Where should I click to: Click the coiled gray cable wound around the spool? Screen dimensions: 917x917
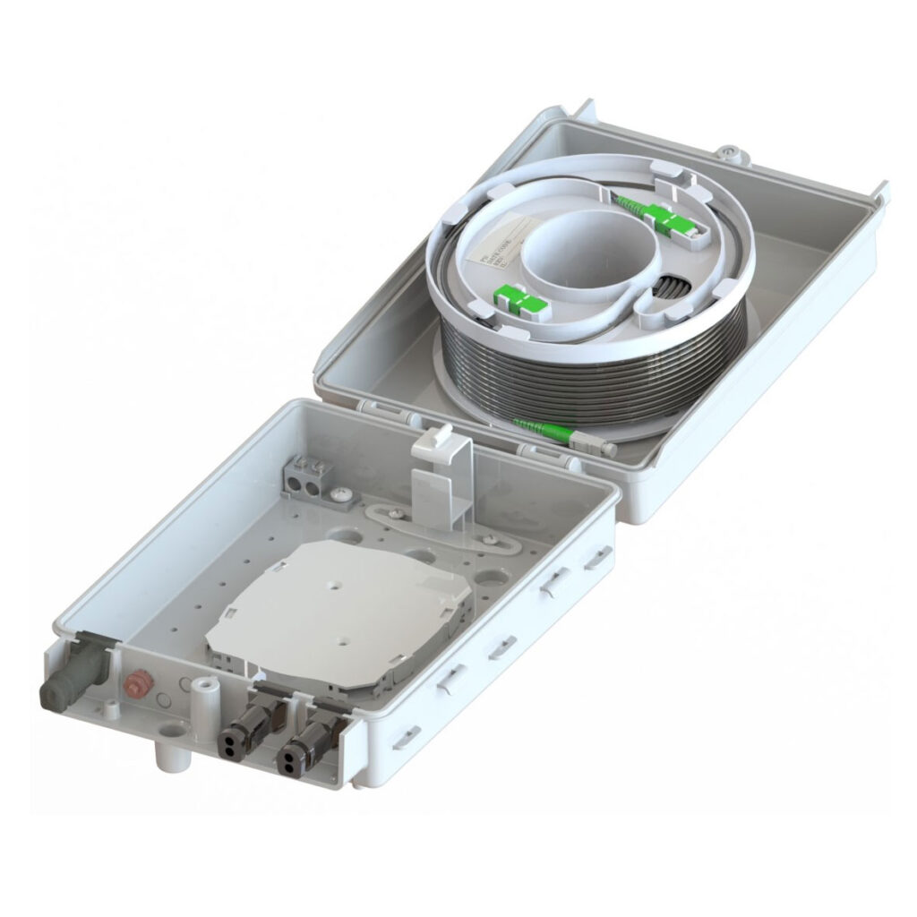[591, 367]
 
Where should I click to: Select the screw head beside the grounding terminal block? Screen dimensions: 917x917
[339, 493]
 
